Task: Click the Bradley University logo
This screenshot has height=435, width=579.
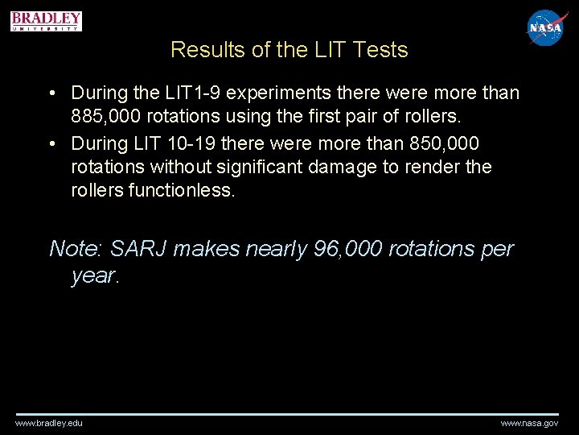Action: [47, 21]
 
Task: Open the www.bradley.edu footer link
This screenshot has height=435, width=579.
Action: [48, 423]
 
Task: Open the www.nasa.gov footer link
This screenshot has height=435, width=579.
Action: [529, 423]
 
